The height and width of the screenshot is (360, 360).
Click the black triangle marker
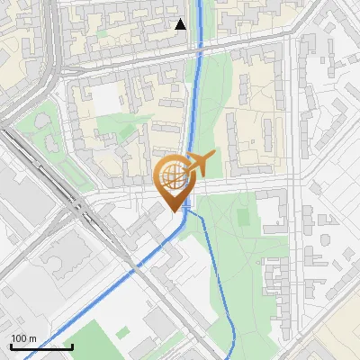[x=181, y=24]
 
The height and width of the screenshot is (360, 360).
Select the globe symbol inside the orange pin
[x=172, y=174]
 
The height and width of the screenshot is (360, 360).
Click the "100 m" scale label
[x=23, y=338]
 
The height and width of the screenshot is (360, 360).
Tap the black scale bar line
[x=41, y=346]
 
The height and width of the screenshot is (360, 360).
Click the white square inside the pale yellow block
[x=108, y=101]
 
